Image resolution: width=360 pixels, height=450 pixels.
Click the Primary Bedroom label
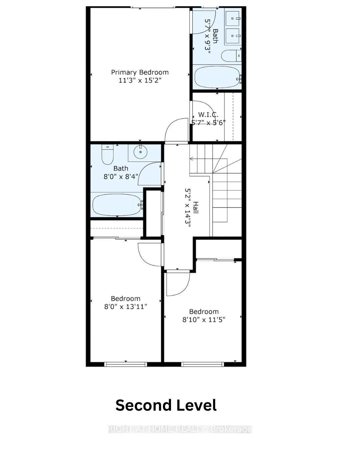point(140,72)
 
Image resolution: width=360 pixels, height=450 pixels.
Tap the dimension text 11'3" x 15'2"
point(140,81)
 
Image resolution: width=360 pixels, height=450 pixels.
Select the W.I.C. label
point(208,115)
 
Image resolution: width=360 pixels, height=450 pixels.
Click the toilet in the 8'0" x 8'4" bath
point(107,156)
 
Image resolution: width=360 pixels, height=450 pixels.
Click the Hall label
point(196,207)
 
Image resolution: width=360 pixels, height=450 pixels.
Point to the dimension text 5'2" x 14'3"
point(187,207)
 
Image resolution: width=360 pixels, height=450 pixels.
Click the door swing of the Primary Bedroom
point(177,130)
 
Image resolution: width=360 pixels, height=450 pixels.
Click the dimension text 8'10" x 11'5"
point(204,320)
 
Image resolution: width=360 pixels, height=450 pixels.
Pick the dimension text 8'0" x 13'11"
point(126,307)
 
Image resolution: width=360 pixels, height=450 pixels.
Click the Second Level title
point(166,405)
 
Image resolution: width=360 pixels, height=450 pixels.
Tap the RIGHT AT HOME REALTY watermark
point(180,429)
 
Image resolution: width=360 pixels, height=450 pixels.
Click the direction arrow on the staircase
point(192,159)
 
